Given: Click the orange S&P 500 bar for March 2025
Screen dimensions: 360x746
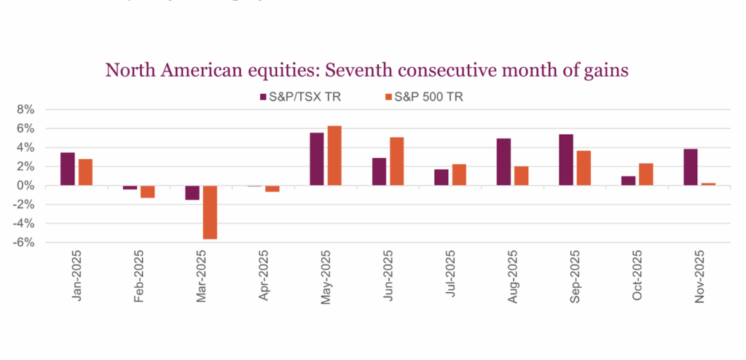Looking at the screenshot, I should tap(210, 212).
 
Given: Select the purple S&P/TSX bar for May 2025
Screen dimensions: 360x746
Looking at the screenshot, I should tap(317, 159).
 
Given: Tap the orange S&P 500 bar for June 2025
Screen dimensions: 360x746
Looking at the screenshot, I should tap(397, 161).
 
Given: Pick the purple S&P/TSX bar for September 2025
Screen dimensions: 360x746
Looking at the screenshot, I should tap(565, 160).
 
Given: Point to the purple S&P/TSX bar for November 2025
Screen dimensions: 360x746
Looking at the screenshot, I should tap(690, 167).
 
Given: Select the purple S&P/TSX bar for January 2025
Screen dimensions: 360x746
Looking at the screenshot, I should tap(67, 169).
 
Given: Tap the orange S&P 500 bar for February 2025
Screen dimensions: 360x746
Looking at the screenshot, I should tap(147, 192).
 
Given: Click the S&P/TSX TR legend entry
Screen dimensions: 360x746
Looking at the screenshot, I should tap(297, 96).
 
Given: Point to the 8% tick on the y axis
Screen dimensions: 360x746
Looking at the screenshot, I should tap(26, 109).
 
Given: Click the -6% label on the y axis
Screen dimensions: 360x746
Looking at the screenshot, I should tap(24, 243).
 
